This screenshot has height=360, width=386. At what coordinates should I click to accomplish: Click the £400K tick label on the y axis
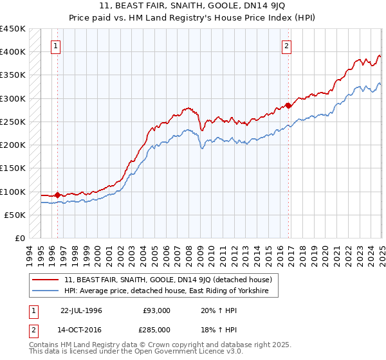(x=13, y=52)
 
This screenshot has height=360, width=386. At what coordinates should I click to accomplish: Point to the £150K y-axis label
(x=13, y=168)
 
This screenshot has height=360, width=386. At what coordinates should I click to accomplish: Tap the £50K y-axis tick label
(x=15, y=215)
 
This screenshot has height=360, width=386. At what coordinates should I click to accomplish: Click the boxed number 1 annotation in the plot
(x=57, y=46)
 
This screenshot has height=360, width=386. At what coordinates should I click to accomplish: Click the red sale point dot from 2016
(x=288, y=105)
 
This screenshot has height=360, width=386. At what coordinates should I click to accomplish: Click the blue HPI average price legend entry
(x=170, y=291)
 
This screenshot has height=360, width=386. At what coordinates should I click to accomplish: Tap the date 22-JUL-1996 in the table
(x=82, y=310)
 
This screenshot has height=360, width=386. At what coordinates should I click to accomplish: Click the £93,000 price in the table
(x=156, y=310)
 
